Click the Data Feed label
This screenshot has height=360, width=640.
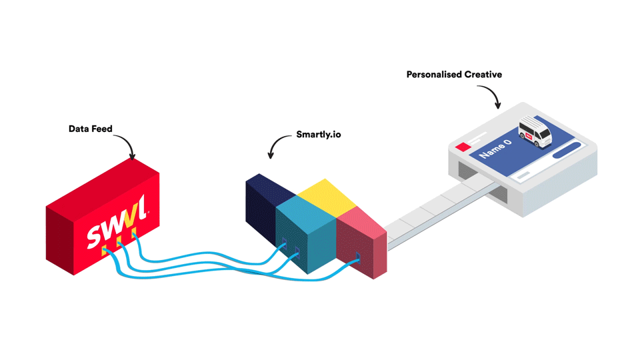tap(90, 129)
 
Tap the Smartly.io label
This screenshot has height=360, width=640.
tap(319, 135)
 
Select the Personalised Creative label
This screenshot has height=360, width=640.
tap(454, 75)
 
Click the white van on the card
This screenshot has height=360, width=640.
tap(535, 133)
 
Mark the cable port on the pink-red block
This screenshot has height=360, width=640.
tap(358, 256)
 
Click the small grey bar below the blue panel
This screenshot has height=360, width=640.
tap(524, 175)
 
